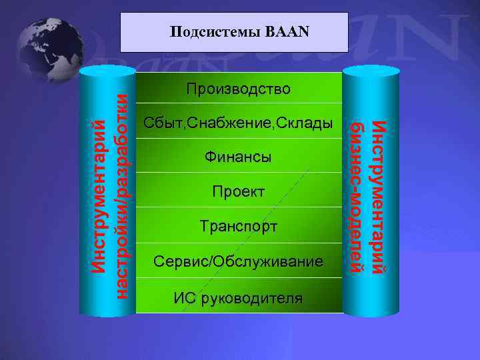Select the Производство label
pyautogui.click(x=239, y=89)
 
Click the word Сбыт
pyautogui.click(x=162, y=123)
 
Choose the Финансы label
pyautogui.click(x=239, y=158)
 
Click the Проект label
pyautogui.click(x=239, y=192)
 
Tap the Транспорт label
pyautogui.click(x=239, y=227)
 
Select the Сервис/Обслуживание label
pyautogui.click(x=239, y=261)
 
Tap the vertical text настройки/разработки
pyautogui.click(x=122, y=193)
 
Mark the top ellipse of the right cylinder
pyautogui.click(x=371, y=71)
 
